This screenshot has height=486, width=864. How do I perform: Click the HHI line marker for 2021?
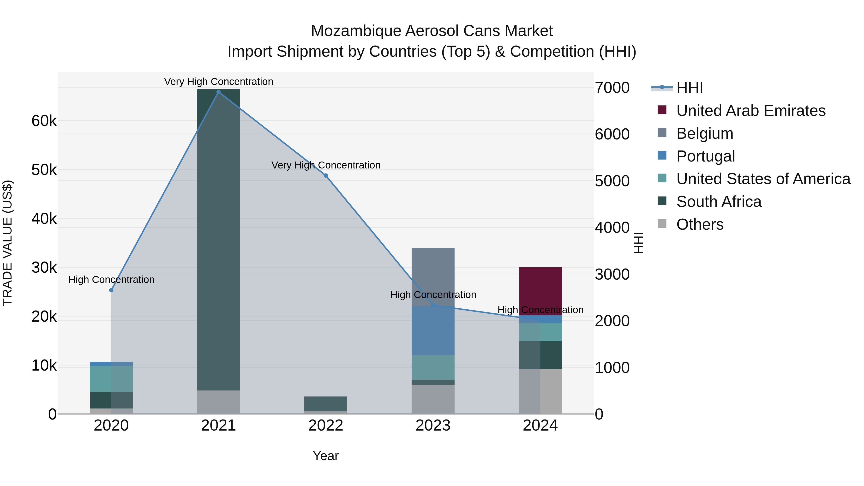click(218, 92)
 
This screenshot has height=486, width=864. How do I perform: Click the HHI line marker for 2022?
click(326, 176)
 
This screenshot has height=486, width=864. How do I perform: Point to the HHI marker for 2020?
click(111, 290)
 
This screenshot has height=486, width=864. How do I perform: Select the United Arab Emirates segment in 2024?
click(540, 291)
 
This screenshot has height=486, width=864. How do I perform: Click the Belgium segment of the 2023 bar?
click(433, 277)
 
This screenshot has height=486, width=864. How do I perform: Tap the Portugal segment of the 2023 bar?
click(433, 331)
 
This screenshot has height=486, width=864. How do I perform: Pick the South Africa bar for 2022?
click(326, 403)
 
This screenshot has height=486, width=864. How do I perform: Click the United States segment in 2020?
click(111, 379)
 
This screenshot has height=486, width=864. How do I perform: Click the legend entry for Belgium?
click(704, 133)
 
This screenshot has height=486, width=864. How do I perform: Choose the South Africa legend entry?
click(718, 202)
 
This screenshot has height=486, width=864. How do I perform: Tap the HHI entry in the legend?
click(689, 88)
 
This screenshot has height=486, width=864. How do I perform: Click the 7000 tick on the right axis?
click(612, 88)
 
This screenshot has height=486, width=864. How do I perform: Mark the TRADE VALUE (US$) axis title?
click(7, 243)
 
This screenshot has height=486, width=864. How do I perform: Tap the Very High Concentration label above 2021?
click(218, 82)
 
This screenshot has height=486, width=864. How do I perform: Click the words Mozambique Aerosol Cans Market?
click(432, 31)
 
